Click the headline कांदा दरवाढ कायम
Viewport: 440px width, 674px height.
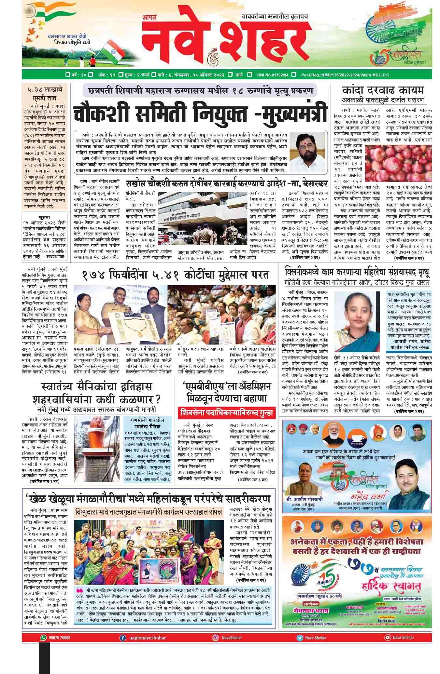[x=383, y=90]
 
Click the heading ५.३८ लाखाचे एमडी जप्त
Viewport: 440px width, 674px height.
[x=45, y=93]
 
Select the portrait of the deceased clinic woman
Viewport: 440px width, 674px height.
[x=359, y=317]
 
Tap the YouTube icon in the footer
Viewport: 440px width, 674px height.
[x=387, y=638]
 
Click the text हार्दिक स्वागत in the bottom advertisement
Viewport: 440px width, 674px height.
[x=391, y=587]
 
